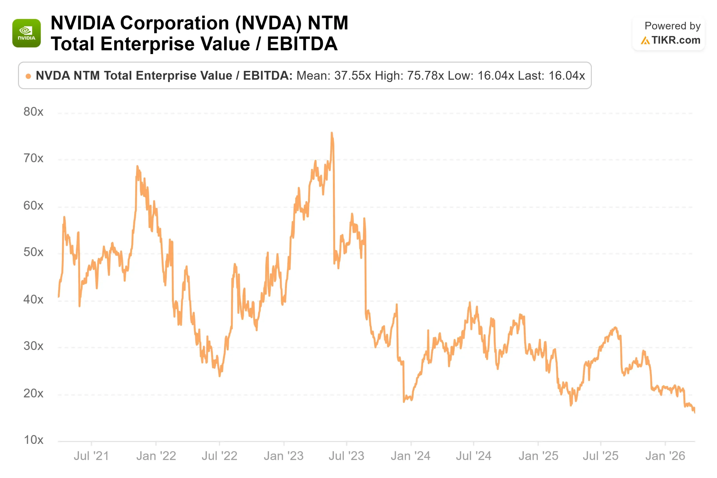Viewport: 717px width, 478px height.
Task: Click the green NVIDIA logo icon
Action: click(x=27, y=33)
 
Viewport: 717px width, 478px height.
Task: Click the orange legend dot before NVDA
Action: click(x=28, y=76)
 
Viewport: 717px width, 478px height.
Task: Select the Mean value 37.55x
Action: click(x=353, y=76)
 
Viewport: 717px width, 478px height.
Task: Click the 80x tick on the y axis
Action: click(x=34, y=112)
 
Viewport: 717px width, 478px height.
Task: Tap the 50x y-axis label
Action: click(x=34, y=252)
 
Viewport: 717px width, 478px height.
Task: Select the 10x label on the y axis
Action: click(x=34, y=440)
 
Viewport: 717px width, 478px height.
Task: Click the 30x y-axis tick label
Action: click(x=34, y=346)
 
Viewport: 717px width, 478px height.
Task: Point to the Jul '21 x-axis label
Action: click(x=92, y=456)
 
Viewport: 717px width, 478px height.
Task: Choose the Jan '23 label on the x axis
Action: click(x=284, y=456)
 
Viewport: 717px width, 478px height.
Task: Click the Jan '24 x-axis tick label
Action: click(x=411, y=456)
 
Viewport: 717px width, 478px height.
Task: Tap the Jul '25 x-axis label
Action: click(x=600, y=456)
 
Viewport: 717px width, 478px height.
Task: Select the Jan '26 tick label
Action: click(x=665, y=456)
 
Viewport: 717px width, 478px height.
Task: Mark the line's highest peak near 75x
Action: click(x=332, y=133)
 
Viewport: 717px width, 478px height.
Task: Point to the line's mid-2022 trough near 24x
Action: click(x=220, y=376)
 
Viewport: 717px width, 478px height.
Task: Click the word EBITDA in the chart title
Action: click(x=302, y=44)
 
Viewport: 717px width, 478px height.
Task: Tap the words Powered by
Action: click(x=672, y=26)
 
